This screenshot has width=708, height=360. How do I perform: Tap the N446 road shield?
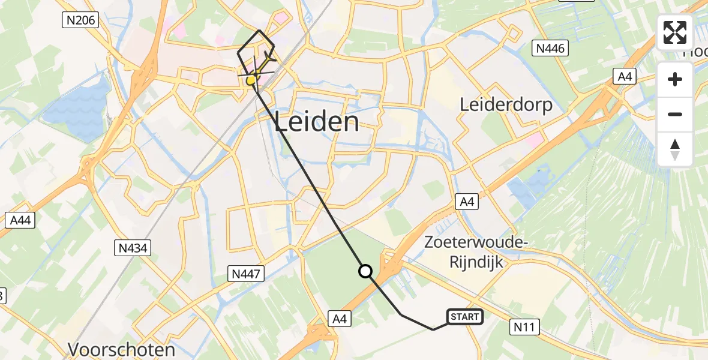pyautogui.click(x=551, y=48)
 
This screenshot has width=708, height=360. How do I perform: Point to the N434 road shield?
pyautogui.click(x=133, y=247)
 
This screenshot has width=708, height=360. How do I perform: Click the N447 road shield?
pyautogui.click(x=246, y=274)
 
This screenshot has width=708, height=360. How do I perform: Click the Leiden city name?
pyautogui.click(x=317, y=122)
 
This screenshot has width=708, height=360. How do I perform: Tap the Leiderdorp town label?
pyautogui.click(x=506, y=104)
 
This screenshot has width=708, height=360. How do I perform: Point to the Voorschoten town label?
pyautogui.click(x=121, y=349)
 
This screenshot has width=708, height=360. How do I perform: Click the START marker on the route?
pyautogui.click(x=465, y=316)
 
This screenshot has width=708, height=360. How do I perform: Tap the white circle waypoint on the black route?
pyautogui.click(x=365, y=271)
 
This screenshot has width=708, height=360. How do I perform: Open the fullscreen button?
pyautogui.click(x=675, y=32)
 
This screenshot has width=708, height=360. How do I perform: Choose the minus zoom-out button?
pyautogui.click(x=675, y=114)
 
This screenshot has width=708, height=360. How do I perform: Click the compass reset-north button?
pyautogui.click(x=675, y=149)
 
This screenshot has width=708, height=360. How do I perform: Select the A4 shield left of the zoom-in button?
pyautogui.click(x=624, y=76)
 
